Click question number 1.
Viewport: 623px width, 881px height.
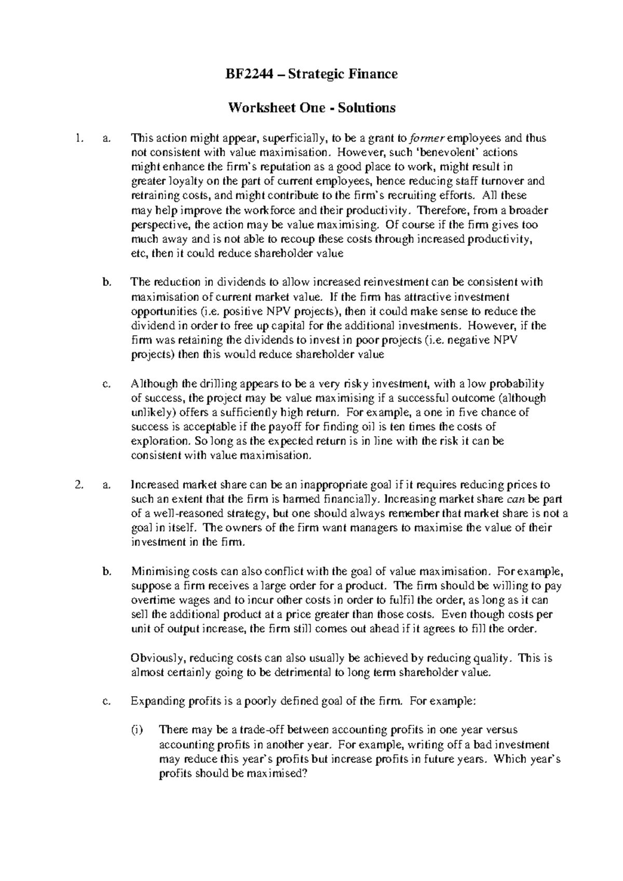point(78,138)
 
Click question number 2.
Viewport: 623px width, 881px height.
point(78,485)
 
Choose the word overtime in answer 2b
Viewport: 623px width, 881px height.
point(151,600)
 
